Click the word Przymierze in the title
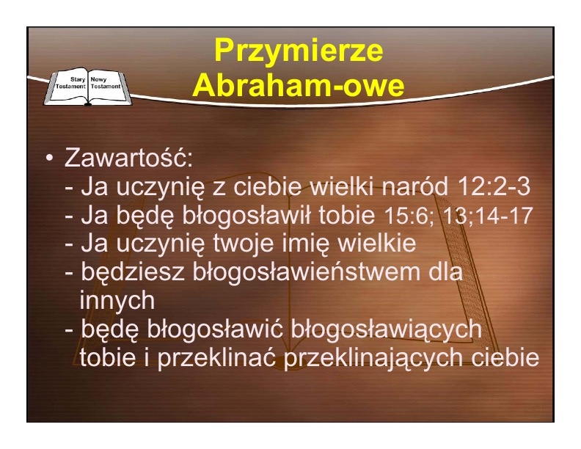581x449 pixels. click(299, 51)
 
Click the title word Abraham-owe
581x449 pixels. click(299, 85)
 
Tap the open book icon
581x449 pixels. click(88, 87)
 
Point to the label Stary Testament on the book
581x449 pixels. click(70, 83)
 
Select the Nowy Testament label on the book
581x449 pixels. click(106, 83)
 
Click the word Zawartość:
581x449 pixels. click(128, 158)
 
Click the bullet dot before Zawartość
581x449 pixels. click(49, 158)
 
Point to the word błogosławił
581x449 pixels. click(246, 214)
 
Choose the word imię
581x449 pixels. click(306, 244)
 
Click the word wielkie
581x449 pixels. click(378, 243)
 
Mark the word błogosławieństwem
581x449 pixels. click(307, 271)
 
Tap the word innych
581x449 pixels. click(117, 300)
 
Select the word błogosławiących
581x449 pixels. click(387, 329)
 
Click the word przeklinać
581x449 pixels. click(216, 357)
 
